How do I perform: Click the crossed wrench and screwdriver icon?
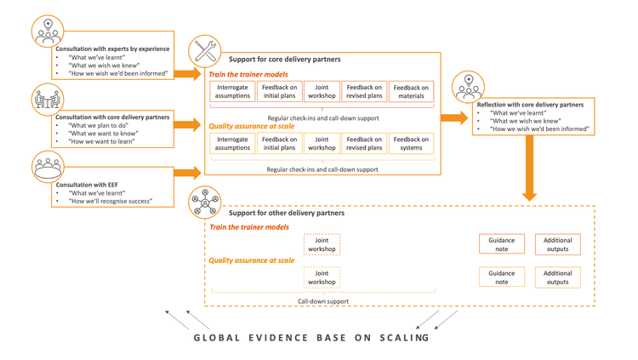[x=205, y=51]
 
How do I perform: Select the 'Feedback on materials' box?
[x=411, y=91]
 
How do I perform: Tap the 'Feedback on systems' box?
[x=411, y=143]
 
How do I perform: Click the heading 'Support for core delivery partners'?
[x=284, y=60]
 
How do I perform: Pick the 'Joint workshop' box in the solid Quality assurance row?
[x=322, y=143]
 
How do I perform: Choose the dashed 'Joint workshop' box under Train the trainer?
[x=322, y=245]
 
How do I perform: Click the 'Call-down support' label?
[x=322, y=301]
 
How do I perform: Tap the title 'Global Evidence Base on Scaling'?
[x=311, y=338]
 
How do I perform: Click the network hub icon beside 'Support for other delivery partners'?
[x=205, y=203]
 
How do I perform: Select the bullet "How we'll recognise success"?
[x=111, y=202]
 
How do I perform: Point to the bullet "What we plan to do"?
[x=102, y=125]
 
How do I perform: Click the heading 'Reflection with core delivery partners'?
[x=530, y=105]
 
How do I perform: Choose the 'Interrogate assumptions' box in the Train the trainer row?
[x=232, y=91]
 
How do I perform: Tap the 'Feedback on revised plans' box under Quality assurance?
[x=364, y=143]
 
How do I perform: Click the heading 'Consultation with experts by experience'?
[x=112, y=49]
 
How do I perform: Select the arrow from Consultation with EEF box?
[x=186, y=173]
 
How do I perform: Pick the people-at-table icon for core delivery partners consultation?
[x=48, y=100]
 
